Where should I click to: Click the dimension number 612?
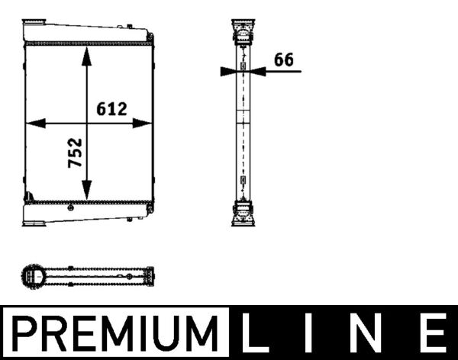point(111,108)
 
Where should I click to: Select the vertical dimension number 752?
point(75,153)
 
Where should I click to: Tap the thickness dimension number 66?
point(284,59)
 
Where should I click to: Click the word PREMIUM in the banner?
point(115,333)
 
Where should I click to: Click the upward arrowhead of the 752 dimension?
point(87,56)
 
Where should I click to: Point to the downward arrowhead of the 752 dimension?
point(87,190)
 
